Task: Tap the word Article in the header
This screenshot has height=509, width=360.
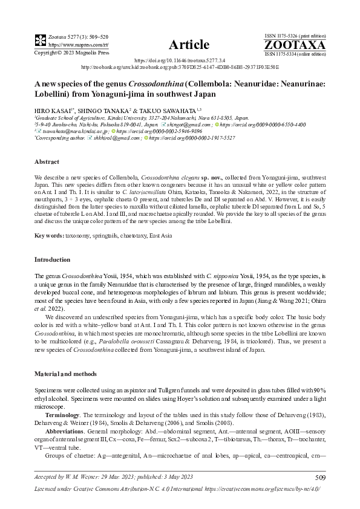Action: click(x=189, y=45)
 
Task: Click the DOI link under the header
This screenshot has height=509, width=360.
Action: click(x=180, y=61)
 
